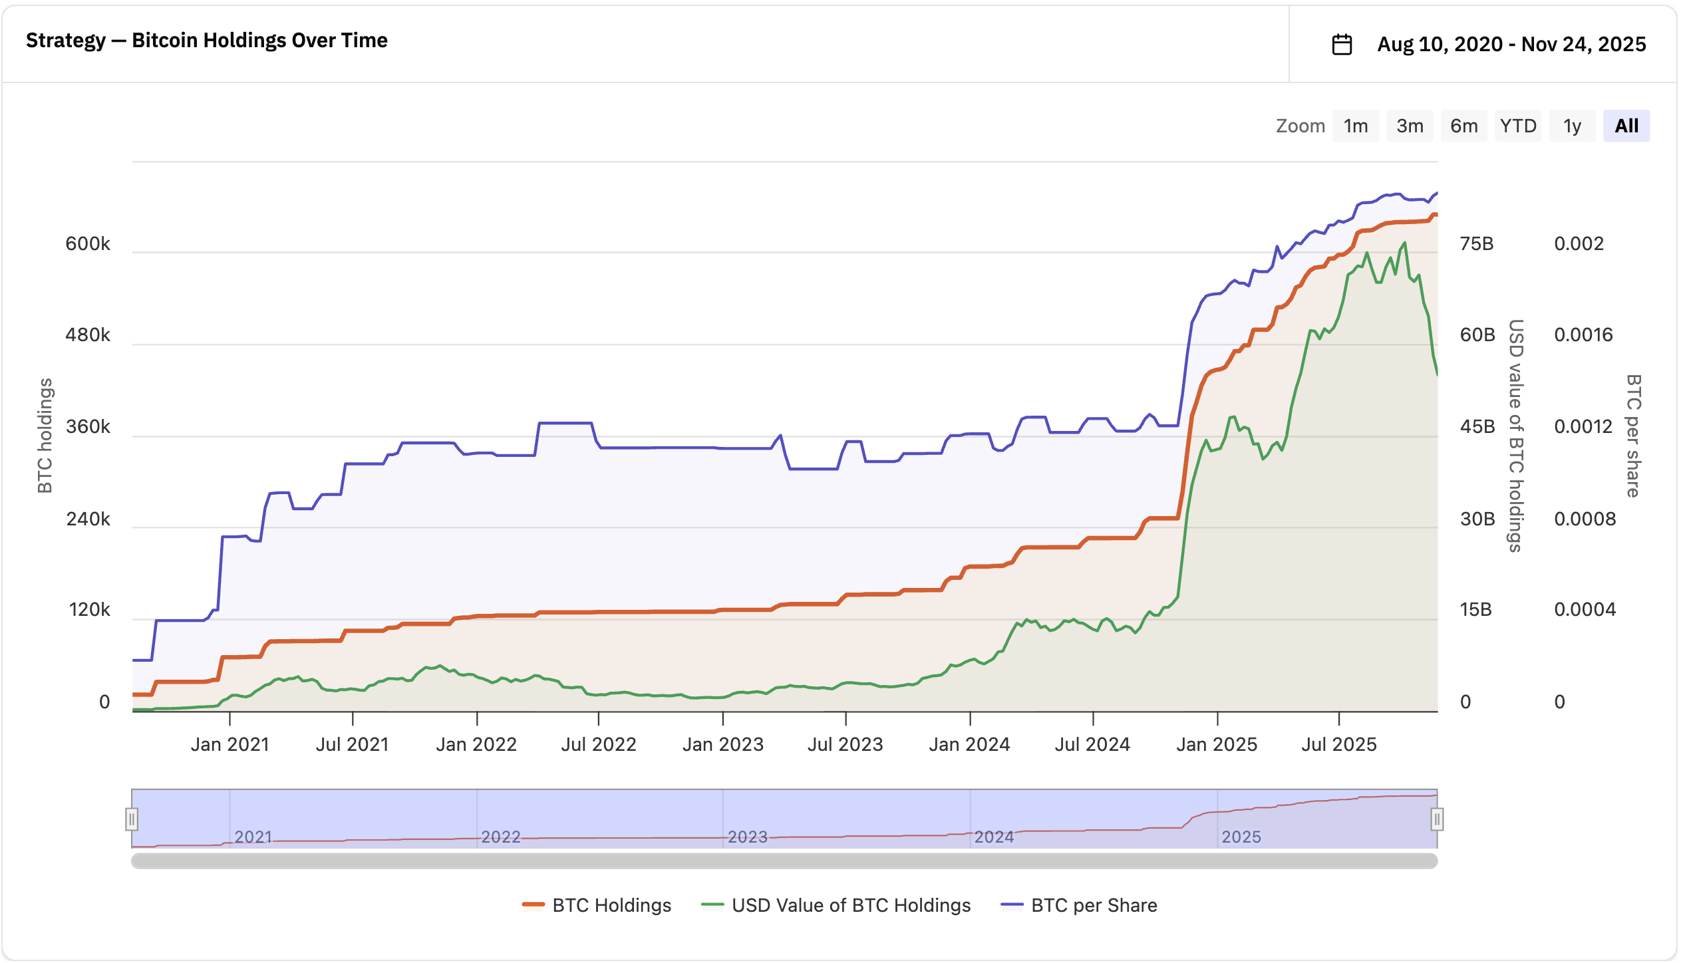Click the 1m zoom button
(x=1355, y=126)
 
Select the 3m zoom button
(x=1410, y=126)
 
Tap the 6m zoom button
(x=1463, y=126)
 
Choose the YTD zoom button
(x=1518, y=126)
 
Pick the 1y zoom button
(x=1572, y=126)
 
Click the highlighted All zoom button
(x=1626, y=126)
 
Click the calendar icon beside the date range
(x=1342, y=45)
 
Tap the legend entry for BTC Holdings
(x=597, y=905)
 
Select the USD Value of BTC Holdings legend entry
(x=836, y=905)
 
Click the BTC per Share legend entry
(x=1079, y=905)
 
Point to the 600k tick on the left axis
(x=88, y=243)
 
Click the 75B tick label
(x=1477, y=243)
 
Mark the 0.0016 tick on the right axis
(x=1583, y=335)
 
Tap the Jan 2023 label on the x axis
(x=723, y=744)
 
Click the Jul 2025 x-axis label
(x=1339, y=744)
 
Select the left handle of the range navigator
(x=132, y=819)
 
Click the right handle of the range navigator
(x=1437, y=819)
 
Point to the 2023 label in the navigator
(x=748, y=837)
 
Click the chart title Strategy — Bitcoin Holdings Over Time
(x=207, y=41)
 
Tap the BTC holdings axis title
(x=45, y=436)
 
